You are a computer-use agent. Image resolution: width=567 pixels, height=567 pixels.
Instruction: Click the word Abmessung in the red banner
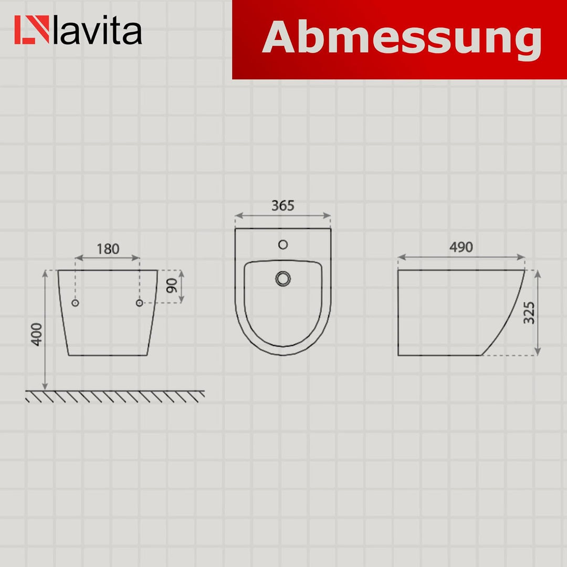pyautogui.click(x=402, y=38)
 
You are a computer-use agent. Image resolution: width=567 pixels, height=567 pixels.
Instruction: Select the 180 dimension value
pyautogui.click(x=108, y=249)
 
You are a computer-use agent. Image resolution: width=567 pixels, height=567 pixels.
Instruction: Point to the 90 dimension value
pyautogui.click(x=171, y=286)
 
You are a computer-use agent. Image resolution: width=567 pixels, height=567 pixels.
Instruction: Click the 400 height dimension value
pyautogui.click(x=36, y=334)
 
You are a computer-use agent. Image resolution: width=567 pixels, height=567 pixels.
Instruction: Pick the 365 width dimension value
pyautogui.click(x=283, y=206)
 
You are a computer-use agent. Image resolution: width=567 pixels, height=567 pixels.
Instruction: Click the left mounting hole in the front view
pyautogui.click(x=75, y=303)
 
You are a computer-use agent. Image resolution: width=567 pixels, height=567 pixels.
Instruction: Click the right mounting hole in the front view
pyautogui.click(x=140, y=303)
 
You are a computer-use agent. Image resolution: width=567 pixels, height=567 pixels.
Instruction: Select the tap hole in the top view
pyautogui.click(x=283, y=244)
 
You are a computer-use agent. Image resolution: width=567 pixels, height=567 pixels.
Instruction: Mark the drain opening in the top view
pyautogui.click(x=283, y=278)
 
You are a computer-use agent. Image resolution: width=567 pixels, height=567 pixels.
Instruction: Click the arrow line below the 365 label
pyautogui.click(x=283, y=215)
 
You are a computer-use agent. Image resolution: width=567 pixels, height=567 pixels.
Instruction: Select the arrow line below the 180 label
pyautogui.click(x=108, y=258)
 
